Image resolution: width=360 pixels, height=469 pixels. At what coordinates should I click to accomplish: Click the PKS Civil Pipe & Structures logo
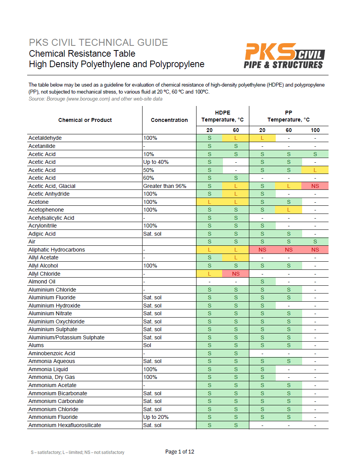[x=284, y=56]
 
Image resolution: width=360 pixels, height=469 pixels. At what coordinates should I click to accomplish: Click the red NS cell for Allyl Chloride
[x=236, y=274]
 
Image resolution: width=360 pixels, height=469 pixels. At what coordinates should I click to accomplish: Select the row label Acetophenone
[x=46, y=210]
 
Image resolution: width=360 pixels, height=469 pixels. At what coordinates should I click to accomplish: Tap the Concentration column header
[x=169, y=120]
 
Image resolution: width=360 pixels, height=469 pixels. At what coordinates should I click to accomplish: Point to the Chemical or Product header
[x=85, y=120]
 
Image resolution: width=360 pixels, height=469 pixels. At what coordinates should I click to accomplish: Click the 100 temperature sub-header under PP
[x=315, y=130]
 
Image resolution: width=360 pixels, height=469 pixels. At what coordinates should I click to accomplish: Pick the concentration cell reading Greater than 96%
[x=165, y=186]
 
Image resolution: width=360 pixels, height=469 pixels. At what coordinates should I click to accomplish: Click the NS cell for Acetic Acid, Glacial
[x=315, y=186]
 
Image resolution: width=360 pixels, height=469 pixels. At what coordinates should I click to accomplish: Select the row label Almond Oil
[x=42, y=281]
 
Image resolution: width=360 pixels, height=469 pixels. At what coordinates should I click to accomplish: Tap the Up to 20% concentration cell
[x=156, y=417]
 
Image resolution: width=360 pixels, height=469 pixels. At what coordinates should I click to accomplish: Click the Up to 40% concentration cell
[x=156, y=162]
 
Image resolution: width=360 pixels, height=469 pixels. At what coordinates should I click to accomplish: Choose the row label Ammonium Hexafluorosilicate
[x=65, y=425]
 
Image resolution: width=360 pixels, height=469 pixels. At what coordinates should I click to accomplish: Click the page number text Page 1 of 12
[x=179, y=452]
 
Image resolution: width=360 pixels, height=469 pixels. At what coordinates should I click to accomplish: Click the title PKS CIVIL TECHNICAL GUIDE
[x=99, y=43]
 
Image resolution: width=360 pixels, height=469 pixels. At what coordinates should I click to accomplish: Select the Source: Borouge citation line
[x=96, y=99]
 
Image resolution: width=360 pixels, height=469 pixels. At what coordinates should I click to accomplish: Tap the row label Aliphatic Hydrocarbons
[x=57, y=250]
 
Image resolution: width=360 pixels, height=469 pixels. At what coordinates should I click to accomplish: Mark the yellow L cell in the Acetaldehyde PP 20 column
[x=262, y=138]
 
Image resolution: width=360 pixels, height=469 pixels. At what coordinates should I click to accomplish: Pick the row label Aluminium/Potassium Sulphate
[x=66, y=337]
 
